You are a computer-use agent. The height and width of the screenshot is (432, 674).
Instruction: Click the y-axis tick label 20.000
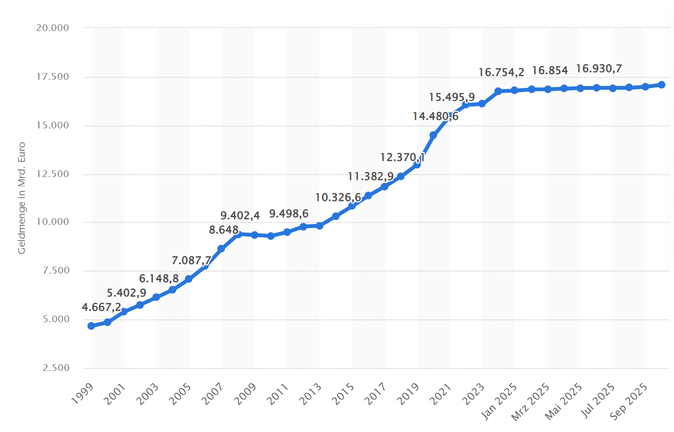(x=53, y=28)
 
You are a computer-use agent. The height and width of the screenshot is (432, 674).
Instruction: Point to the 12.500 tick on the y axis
(x=53, y=174)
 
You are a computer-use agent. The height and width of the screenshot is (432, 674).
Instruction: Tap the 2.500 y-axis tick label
(x=56, y=368)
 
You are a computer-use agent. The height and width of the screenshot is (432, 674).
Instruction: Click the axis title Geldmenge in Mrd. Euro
(x=21, y=198)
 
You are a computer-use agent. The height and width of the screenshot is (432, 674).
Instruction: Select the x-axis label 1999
(x=83, y=394)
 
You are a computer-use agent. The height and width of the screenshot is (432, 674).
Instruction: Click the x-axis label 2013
(x=310, y=394)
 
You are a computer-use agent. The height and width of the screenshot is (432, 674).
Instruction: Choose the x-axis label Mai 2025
(x=563, y=401)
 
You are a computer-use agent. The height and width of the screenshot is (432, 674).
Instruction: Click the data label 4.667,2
(x=101, y=307)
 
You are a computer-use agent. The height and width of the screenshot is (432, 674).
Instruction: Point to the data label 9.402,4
(x=240, y=216)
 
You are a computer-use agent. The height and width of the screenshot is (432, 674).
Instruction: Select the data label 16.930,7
(x=599, y=69)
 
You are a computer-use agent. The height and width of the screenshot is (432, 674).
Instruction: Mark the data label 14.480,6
(x=435, y=116)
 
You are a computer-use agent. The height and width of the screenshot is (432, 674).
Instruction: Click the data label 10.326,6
(x=338, y=198)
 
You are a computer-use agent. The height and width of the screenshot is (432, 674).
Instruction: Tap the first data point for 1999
(x=91, y=326)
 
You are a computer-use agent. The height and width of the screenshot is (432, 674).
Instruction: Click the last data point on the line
(x=662, y=84)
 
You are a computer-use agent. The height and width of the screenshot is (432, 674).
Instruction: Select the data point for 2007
(x=221, y=249)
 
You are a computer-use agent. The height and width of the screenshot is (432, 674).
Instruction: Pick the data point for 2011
(x=287, y=232)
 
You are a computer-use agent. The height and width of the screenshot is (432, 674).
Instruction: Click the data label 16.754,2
(x=501, y=73)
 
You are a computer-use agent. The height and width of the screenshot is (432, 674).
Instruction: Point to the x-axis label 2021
(x=440, y=394)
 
